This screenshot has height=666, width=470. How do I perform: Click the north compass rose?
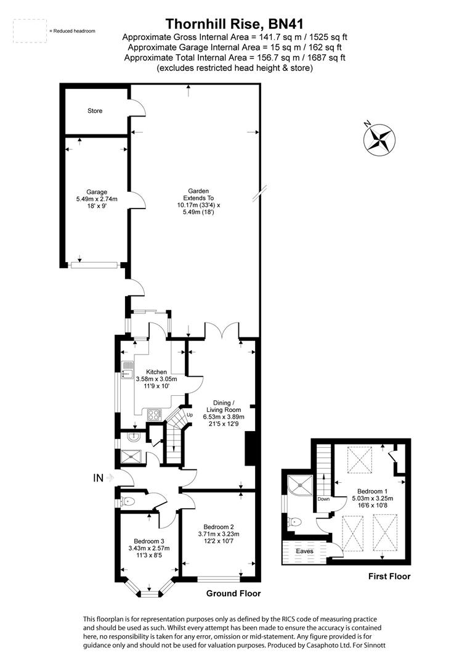tap(378, 138)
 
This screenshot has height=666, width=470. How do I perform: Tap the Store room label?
tap(95, 111)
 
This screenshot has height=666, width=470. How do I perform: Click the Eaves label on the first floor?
tap(304, 551)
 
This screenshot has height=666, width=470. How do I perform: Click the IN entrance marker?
tap(98, 477)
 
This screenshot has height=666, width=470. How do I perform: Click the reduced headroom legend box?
tap(30, 31)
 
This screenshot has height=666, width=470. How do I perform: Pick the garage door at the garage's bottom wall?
tap(94, 265)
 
